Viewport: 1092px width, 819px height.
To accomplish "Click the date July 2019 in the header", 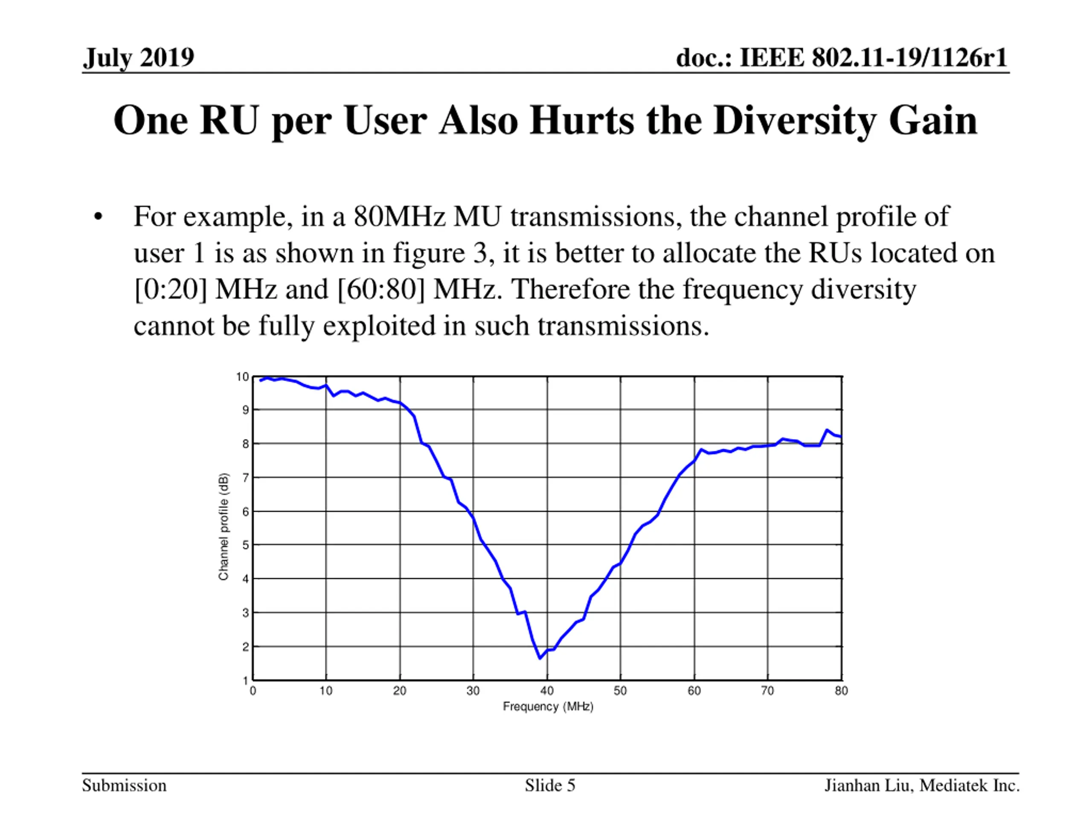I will pos(139,58).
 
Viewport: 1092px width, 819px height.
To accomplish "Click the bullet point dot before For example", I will pos(98,217).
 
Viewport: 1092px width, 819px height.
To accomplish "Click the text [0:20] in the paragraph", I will pos(170,289).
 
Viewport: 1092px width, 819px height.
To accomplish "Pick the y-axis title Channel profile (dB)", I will pos(224,526).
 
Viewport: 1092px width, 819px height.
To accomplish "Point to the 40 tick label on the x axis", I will pos(546,691).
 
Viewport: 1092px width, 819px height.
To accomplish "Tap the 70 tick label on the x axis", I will pos(767,691).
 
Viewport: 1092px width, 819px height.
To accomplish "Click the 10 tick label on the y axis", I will pos(242,377).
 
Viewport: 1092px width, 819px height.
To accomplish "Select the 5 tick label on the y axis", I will pos(245,546).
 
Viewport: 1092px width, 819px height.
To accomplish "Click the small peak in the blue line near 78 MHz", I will pos(827,430).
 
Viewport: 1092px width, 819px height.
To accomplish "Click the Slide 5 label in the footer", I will pos(550,785).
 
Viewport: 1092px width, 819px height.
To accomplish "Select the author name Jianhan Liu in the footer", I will pos(866,785).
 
